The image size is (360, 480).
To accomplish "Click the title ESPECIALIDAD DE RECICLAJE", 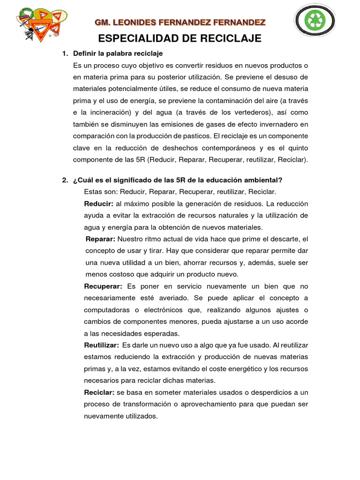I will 180,38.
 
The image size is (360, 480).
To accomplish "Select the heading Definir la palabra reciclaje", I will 118,53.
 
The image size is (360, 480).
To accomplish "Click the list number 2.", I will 65,180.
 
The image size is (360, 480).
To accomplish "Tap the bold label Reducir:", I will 98,204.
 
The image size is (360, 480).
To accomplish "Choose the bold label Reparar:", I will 100,239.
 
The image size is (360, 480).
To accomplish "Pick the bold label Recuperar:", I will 103,286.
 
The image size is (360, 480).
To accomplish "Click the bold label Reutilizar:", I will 101,345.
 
